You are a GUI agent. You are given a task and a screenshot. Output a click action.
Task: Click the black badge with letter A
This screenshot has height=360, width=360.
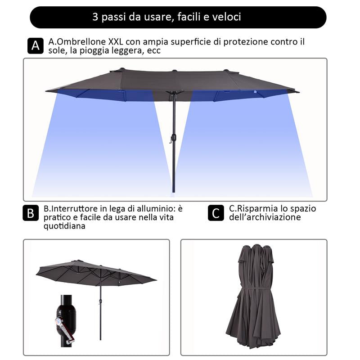pos(35,45)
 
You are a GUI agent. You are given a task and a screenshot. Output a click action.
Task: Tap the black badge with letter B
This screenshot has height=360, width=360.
pos(31,213)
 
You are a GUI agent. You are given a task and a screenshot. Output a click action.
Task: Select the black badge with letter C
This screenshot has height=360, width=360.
pos(216,213)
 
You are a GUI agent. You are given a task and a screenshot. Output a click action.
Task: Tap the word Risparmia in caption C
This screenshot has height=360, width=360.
pos(256,209)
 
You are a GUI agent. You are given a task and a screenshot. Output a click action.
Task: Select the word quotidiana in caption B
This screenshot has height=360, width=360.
pos(64,226)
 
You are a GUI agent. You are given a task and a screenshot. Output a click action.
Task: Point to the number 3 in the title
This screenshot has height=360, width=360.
pos(95,17)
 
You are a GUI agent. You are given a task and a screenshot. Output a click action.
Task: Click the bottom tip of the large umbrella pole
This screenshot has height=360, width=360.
pos(173,191)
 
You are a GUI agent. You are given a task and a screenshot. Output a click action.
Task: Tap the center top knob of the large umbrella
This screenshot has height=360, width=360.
pos(174,70)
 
